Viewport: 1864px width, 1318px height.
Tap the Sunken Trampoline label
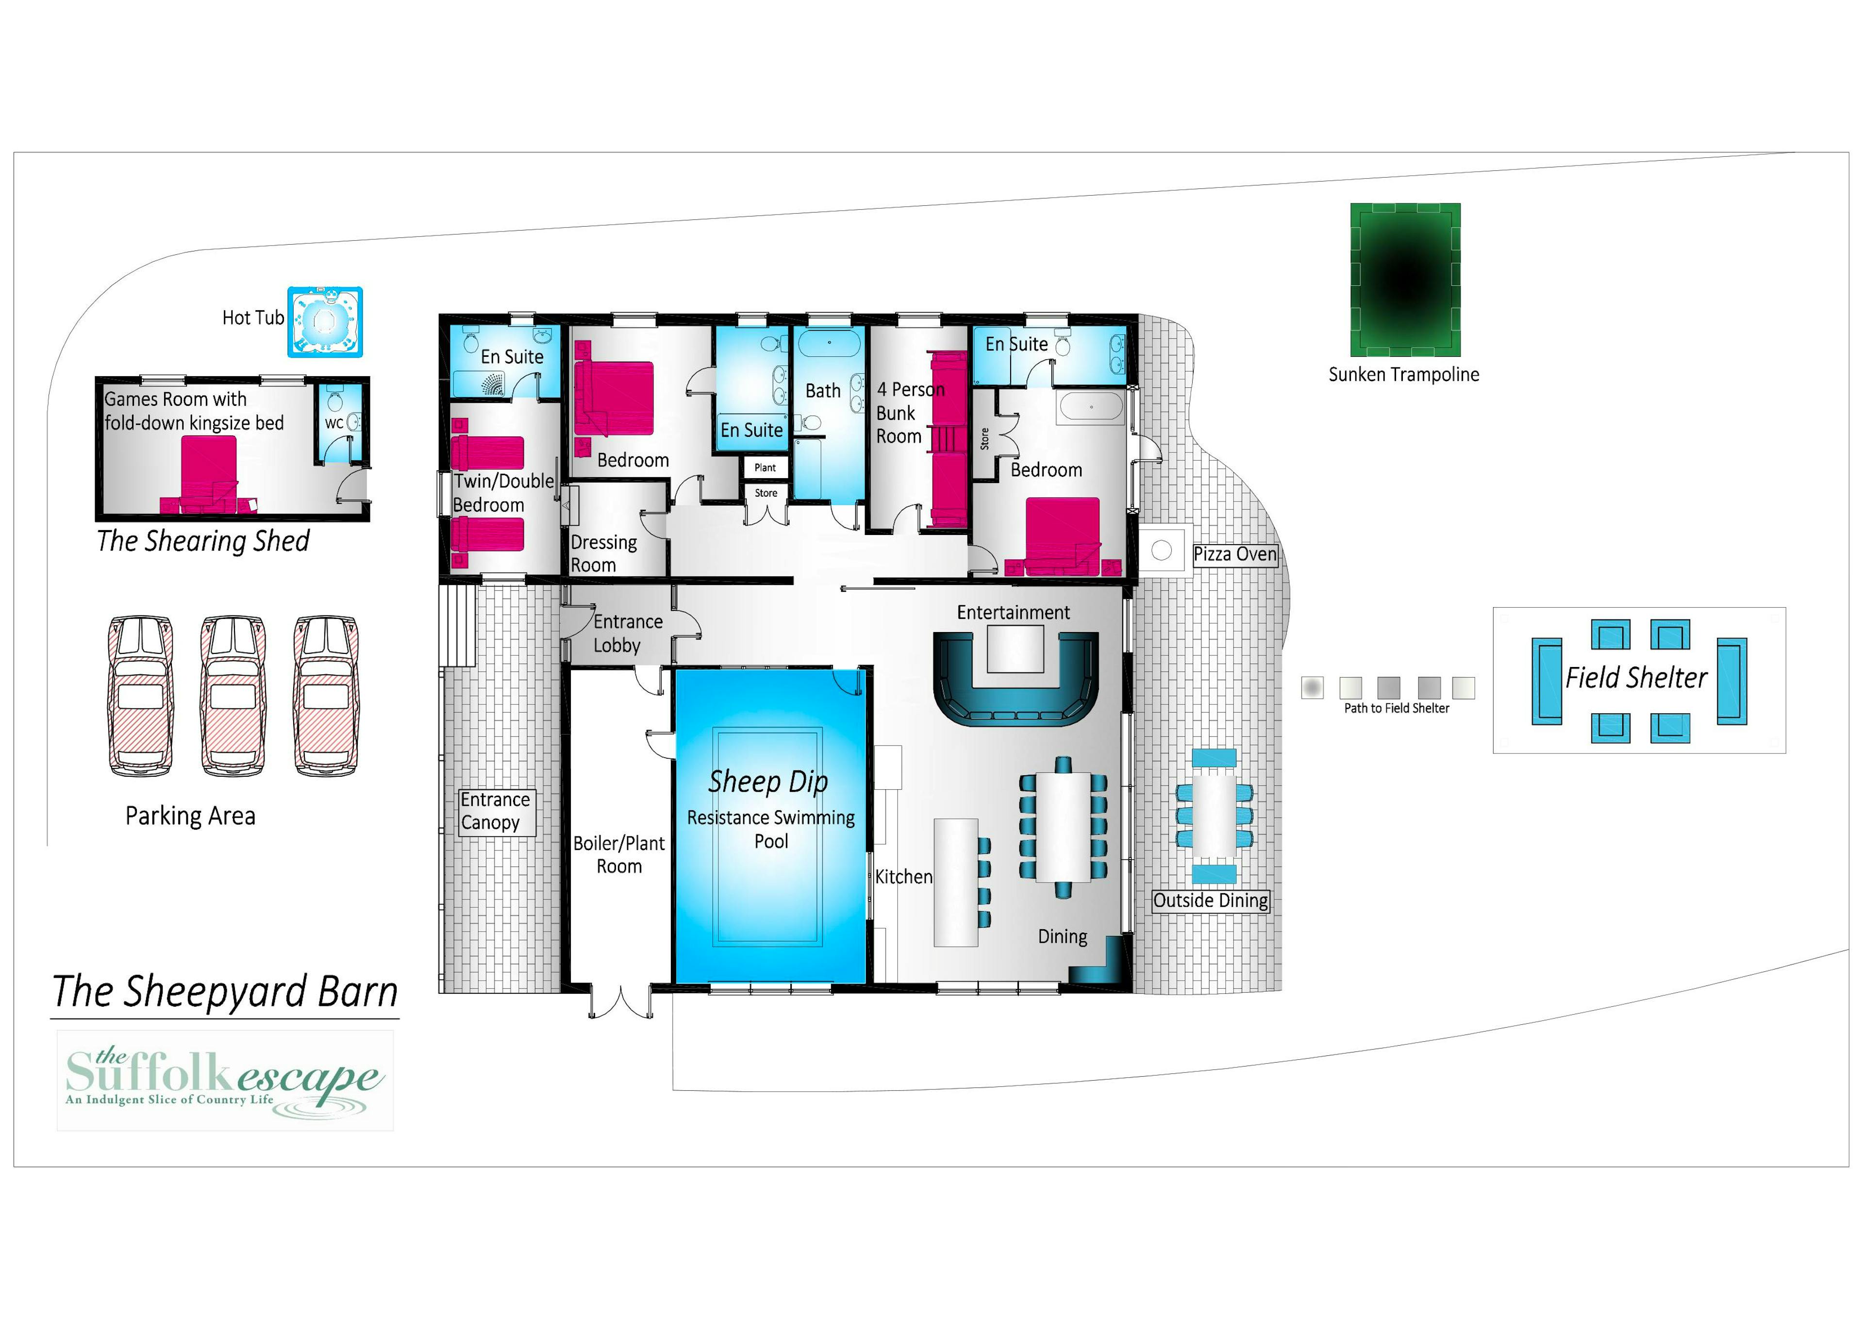tap(1404, 374)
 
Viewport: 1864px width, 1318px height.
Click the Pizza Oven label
tap(1235, 555)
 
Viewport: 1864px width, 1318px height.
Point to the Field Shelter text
tap(1636, 678)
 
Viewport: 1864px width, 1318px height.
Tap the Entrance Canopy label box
tap(495, 811)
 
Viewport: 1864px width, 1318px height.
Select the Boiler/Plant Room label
tap(618, 855)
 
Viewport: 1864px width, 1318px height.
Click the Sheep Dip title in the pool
tap(768, 782)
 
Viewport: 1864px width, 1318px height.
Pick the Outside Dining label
tap(1211, 901)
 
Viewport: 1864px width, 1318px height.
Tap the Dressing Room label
tap(603, 554)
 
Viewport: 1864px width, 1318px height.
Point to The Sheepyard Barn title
tap(225, 992)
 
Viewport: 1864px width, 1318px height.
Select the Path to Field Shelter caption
tap(1397, 708)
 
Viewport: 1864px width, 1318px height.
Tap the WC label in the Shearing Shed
tap(333, 423)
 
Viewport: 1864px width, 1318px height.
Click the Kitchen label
tap(903, 877)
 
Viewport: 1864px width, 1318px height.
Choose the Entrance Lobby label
tap(628, 634)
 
